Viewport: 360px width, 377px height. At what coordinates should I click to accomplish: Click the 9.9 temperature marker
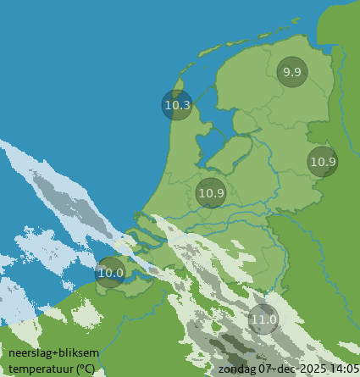(292, 72)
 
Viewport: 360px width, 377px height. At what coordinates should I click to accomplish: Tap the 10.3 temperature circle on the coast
(177, 105)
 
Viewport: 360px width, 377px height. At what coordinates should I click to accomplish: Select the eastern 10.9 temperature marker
(323, 161)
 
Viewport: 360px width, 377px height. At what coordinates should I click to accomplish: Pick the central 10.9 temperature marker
(211, 192)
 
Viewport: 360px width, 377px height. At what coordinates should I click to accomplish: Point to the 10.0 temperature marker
(110, 272)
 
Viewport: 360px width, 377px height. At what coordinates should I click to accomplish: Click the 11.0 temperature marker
(263, 319)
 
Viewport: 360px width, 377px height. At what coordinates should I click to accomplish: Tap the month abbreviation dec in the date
(285, 369)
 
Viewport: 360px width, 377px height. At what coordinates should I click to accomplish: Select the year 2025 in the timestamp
(311, 369)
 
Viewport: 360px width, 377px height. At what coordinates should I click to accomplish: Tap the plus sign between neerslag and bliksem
(53, 353)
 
